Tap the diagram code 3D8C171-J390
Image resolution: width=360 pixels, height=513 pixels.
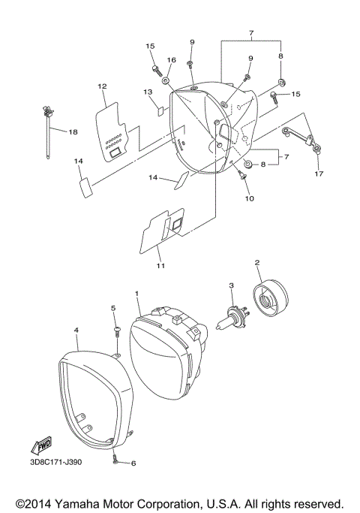click(56, 461)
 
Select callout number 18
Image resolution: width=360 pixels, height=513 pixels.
click(73, 132)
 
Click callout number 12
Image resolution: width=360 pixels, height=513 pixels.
click(102, 86)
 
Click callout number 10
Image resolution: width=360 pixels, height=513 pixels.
click(249, 198)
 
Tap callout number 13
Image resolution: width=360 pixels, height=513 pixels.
click(148, 92)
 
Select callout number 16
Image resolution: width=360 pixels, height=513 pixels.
click(171, 60)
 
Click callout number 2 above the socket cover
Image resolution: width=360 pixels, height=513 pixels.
click(257, 263)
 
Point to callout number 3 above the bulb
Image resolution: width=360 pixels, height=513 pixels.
click(232, 285)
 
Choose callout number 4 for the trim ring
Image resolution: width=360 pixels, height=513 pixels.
click(76, 330)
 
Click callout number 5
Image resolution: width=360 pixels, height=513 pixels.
click(113, 309)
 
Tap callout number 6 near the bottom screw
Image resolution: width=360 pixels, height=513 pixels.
click(133, 463)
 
